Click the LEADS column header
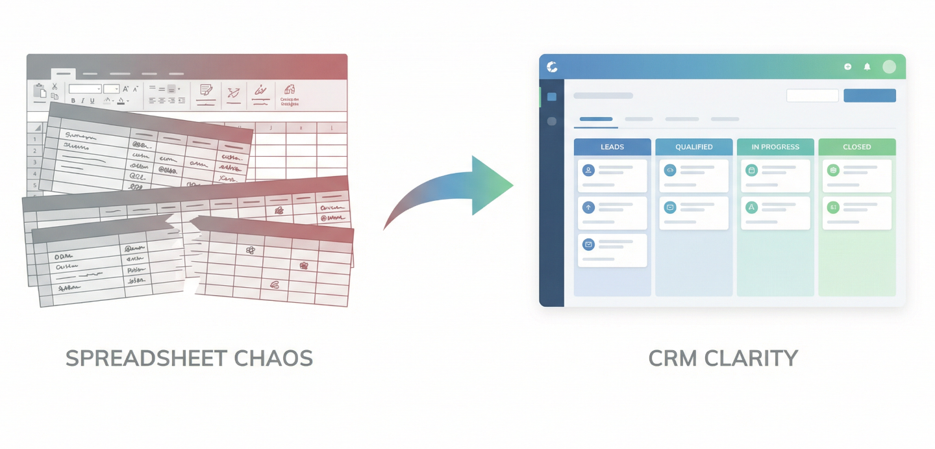click(612, 147)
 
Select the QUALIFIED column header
click(693, 147)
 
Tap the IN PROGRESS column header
click(775, 147)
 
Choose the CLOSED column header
click(856, 147)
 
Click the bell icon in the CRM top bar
click(867, 66)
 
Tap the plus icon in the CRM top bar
click(847, 66)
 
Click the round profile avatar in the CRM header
click(889, 66)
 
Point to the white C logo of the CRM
click(553, 66)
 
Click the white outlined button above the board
click(812, 96)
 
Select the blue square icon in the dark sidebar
click(552, 97)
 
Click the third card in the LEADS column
click(612, 250)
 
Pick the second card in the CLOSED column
click(856, 213)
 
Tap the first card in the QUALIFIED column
click(693, 175)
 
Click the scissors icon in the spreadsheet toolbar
click(55, 86)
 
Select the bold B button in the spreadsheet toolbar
click(73, 101)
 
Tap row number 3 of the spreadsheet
click(34, 161)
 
